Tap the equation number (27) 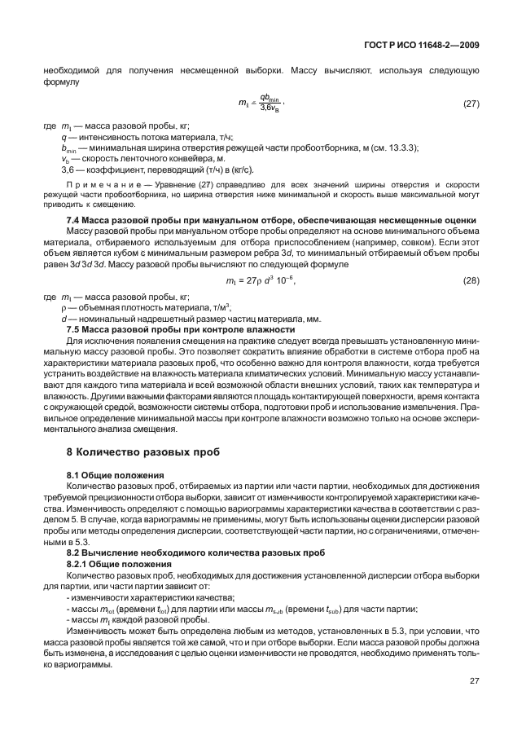[471, 103]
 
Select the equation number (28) [471, 280]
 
